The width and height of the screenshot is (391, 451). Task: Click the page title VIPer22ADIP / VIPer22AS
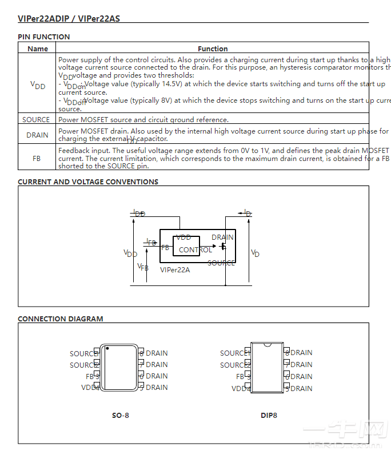69,18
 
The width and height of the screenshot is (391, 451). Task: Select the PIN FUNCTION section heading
44,37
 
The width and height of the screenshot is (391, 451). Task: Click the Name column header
38,49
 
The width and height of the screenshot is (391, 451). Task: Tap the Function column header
213,49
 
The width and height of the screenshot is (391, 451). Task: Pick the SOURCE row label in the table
36,119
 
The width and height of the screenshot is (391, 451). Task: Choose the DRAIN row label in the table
37,135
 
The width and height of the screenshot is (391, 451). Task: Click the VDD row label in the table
38,85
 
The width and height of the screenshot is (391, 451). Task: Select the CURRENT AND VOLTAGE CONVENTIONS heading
88,182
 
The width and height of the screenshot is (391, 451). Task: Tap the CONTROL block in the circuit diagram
195,249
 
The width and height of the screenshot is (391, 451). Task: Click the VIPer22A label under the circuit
175,270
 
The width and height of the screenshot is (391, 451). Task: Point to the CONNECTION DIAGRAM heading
61,319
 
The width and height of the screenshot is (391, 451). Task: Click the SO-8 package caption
120,415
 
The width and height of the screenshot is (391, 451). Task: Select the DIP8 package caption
269,415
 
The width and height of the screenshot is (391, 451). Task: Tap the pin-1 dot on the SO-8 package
107,348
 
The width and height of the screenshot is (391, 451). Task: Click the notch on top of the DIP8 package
267,345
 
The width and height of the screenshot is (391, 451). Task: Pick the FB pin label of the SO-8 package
90,376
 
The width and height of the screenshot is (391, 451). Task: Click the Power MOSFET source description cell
143,119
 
